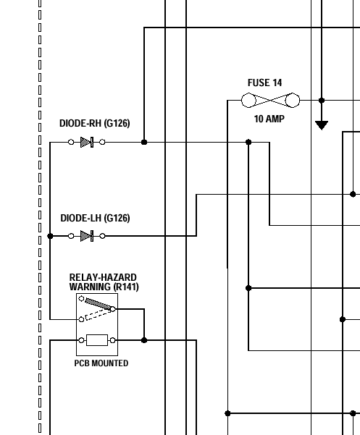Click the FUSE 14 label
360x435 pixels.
[264, 83]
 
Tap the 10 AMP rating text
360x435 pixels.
[269, 119]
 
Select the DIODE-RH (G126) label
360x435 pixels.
[95, 123]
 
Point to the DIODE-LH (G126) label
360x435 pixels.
[95, 218]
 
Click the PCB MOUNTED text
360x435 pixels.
[101, 363]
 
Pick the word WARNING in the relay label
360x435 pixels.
[91, 287]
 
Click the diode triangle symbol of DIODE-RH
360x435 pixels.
[85, 142]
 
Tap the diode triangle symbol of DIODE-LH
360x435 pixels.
[85, 236]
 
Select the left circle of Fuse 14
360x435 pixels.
[248, 100]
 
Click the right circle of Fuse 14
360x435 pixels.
[293, 100]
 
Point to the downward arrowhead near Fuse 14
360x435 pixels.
[322, 125]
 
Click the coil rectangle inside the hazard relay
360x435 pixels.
[97, 340]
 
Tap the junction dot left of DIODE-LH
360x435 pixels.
[50, 236]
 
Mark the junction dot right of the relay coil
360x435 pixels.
[144, 340]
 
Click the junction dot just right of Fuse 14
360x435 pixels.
[322, 101]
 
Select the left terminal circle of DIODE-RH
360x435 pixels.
[71, 142]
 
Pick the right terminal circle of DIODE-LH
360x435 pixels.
[102, 236]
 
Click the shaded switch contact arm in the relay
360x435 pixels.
[99, 304]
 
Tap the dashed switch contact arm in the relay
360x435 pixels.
[99, 315]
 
